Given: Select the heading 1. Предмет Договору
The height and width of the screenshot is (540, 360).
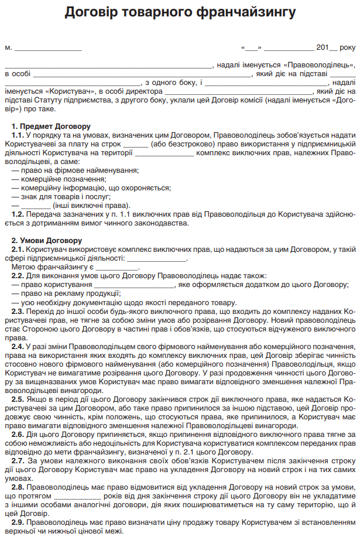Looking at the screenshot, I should [x=51, y=126].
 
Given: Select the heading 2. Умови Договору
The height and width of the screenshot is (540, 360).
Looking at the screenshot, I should [x=47, y=241].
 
